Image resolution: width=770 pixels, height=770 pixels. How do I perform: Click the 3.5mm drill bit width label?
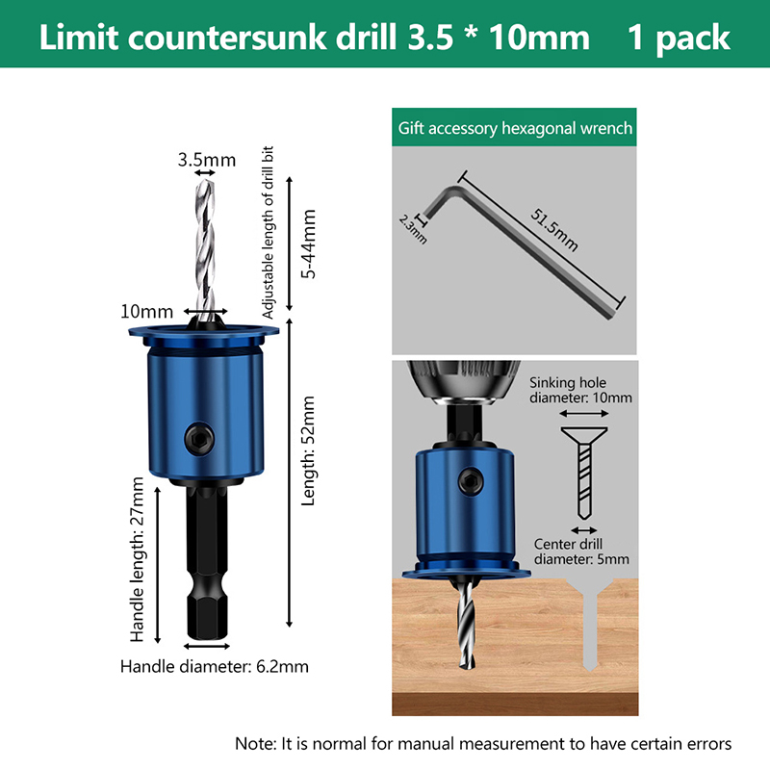207,160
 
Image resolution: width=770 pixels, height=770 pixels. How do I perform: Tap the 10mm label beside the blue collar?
147,311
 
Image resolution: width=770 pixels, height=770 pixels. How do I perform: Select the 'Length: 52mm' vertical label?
308,450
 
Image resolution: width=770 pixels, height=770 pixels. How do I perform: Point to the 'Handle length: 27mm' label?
138,559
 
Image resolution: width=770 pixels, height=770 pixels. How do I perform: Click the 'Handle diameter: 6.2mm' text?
215,666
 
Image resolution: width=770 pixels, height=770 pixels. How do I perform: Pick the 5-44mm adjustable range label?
309,244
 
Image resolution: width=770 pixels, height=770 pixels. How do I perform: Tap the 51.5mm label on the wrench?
554,229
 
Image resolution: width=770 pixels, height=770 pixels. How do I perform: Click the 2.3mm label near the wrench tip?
413,229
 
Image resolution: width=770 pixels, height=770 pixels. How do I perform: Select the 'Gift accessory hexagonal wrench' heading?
515,128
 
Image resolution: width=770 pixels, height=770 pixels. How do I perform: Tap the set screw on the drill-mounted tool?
471,480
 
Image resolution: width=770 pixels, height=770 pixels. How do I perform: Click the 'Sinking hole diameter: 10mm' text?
580,390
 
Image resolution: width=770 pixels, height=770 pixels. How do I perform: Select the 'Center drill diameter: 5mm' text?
581,552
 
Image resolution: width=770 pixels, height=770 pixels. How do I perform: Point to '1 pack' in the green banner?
680,38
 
